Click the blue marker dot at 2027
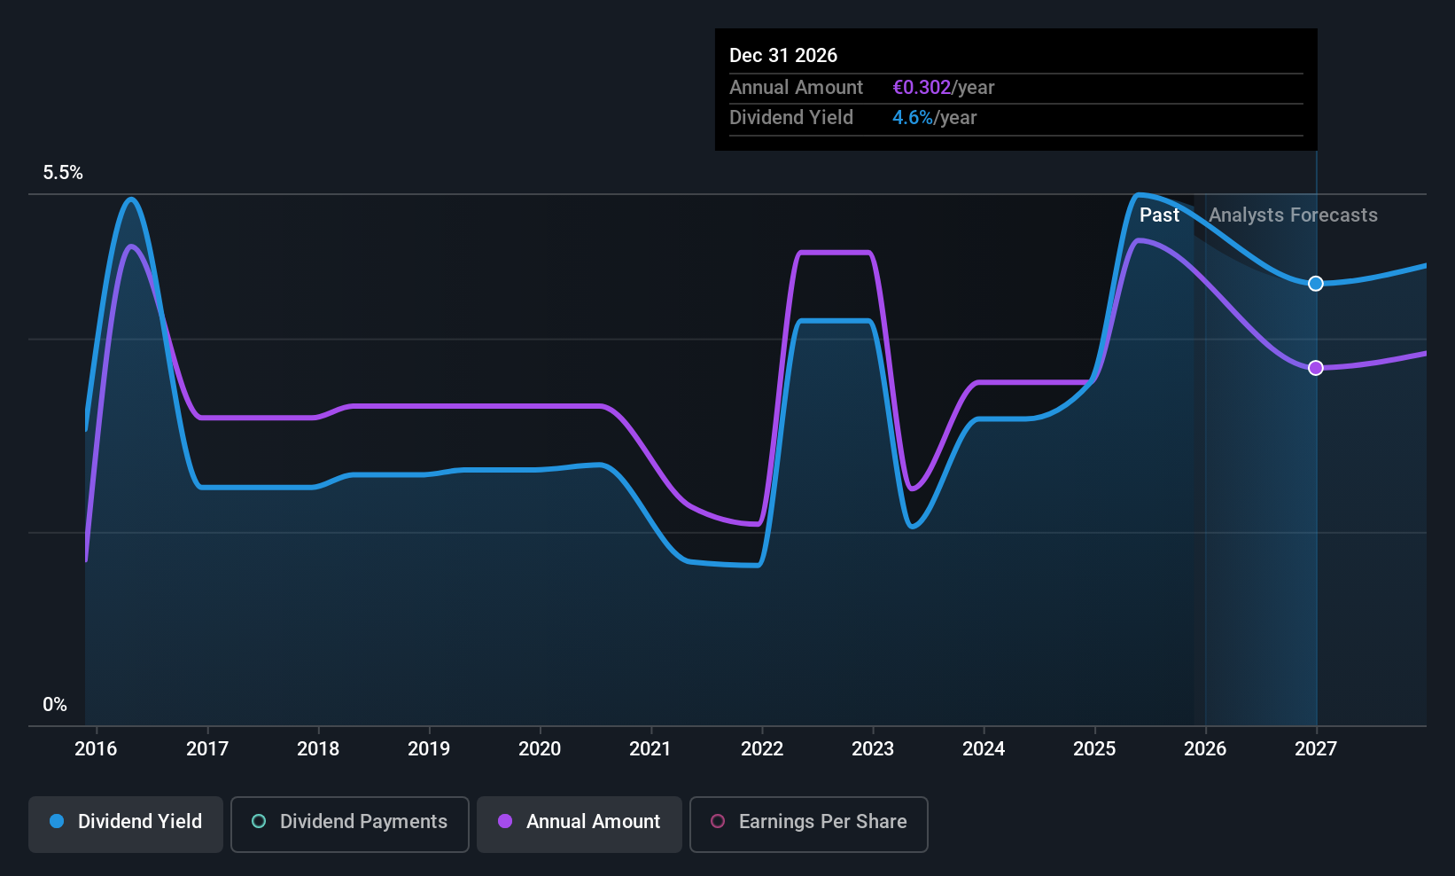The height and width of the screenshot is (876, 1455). coord(1316,284)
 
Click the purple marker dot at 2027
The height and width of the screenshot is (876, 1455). coord(1316,368)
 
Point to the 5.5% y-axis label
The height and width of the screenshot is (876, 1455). coord(63,173)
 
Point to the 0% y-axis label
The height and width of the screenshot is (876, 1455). coord(55,705)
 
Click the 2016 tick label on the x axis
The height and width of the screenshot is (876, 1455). coord(96,749)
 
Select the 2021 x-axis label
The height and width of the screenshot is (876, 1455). coord(650,749)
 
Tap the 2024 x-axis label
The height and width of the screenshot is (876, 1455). coord(984,749)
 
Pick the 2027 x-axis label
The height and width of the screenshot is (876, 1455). coord(1316,749)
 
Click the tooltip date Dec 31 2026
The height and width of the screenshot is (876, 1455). coord(783,56)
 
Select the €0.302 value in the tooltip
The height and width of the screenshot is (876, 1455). coord(922,88)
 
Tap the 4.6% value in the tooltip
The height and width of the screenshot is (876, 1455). coord(913,118)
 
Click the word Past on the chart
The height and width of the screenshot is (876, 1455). coord(1159,215)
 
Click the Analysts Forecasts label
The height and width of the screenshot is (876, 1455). coord(1293,215)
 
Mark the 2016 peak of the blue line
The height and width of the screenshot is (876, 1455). coord(132,199)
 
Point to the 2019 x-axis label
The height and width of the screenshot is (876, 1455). coord(429,749)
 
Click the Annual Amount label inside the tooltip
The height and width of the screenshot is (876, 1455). coord(796,88)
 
